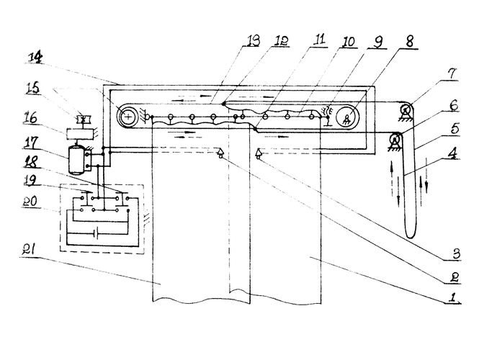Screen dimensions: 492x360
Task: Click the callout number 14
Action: [35, 58]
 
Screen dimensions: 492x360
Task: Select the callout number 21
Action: [28, 251]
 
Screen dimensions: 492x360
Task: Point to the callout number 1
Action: [452, 298]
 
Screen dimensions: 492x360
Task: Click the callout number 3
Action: [456, 253]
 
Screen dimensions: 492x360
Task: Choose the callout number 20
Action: [30, 202]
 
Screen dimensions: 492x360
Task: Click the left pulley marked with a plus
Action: [128, 117]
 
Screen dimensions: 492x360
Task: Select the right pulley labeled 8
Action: [346, 117]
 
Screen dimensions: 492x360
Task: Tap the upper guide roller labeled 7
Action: [406, 110]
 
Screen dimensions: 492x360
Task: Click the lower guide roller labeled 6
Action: [395, 138]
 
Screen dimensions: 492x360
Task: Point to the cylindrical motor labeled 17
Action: [77, 161]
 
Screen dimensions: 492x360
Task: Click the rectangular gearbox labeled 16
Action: [79, 134]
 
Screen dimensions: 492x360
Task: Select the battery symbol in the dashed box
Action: [97, 233]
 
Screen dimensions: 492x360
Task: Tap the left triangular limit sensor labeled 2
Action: [220, 153]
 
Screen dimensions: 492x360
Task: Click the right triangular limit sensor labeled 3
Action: [258, 153]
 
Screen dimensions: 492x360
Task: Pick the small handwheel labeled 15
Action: [83, 120]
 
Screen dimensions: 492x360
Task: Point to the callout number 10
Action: [349, 41]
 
